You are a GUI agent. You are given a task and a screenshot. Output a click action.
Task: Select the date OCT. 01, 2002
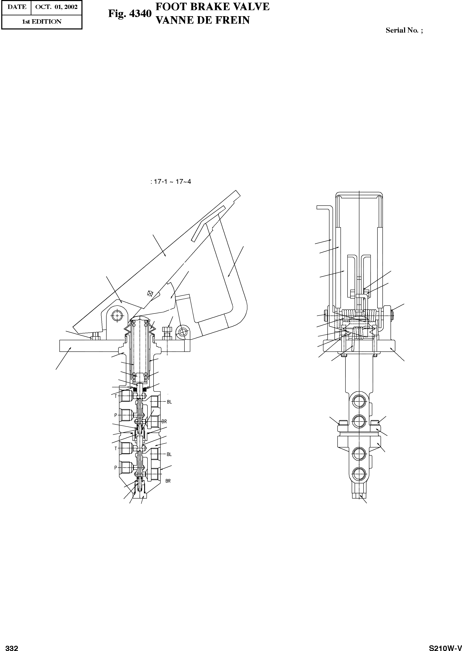(56, 7)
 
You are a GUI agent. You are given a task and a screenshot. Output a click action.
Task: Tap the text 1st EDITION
(42, 22)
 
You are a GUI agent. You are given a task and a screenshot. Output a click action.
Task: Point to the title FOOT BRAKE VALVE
(213, 6)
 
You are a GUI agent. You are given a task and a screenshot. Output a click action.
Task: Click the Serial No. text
(404, 30)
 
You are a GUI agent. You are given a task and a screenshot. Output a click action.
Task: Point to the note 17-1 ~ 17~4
(171, 182)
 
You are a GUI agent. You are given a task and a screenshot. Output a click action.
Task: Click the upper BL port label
(169, 402)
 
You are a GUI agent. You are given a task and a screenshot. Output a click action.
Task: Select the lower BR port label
(168, 481)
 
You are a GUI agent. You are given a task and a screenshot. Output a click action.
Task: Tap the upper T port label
(116, 396)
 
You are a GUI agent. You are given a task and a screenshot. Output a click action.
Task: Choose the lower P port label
(116, 468)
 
